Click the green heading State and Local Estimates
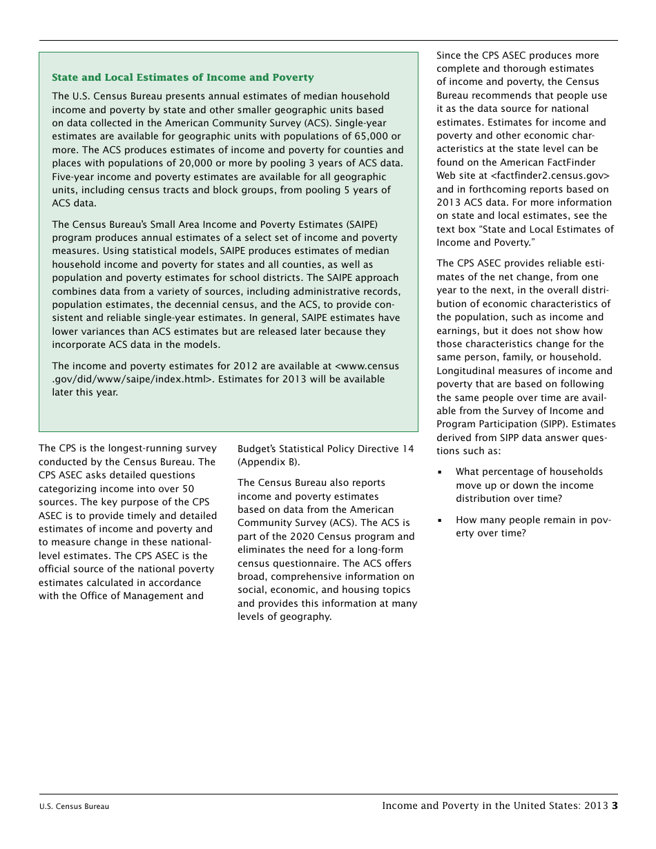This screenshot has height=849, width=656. pyautogui.click(x=182, y=78)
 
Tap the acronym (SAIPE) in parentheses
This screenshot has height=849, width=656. pyautogui.click(x=359, y=224)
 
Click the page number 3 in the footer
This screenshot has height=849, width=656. pyautogui.click(x=614, y=806)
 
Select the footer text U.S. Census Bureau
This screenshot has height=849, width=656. pyautogui.click(x=74, y=806)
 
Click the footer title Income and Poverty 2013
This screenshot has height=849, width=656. pyautogui.click(x=494, y=806)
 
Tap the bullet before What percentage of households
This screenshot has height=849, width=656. pyautogui.click(x=440, y=473)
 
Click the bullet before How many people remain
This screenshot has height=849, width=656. pyautogui.click(x=440, y=521)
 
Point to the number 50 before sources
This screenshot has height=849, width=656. pyautogui.click(x=187, y=489)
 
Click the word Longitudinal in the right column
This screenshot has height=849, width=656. pyautogui.click(x=466, y=371)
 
